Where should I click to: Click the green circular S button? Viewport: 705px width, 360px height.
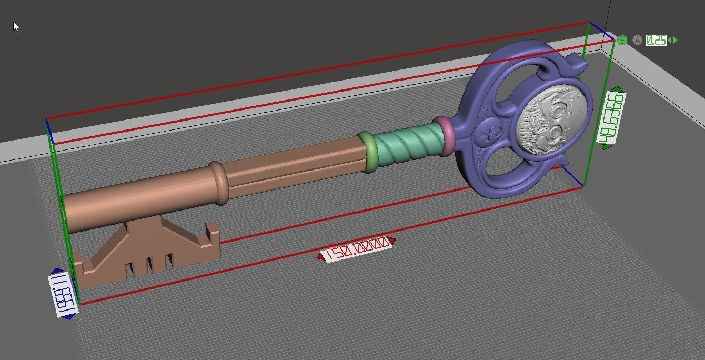click(x=622, y=40)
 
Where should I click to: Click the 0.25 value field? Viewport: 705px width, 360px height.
click(x=656, y=40)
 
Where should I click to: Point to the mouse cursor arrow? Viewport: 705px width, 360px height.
click(x=15, y=26)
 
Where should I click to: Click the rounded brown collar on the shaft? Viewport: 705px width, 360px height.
click(x=219, y=182)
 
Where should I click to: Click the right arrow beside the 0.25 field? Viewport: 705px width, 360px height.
click(x=675, y=40)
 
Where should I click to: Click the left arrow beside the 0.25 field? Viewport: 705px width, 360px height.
click(x=669, y=40)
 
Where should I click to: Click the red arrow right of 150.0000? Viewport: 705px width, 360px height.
click(x=392, y=241)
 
